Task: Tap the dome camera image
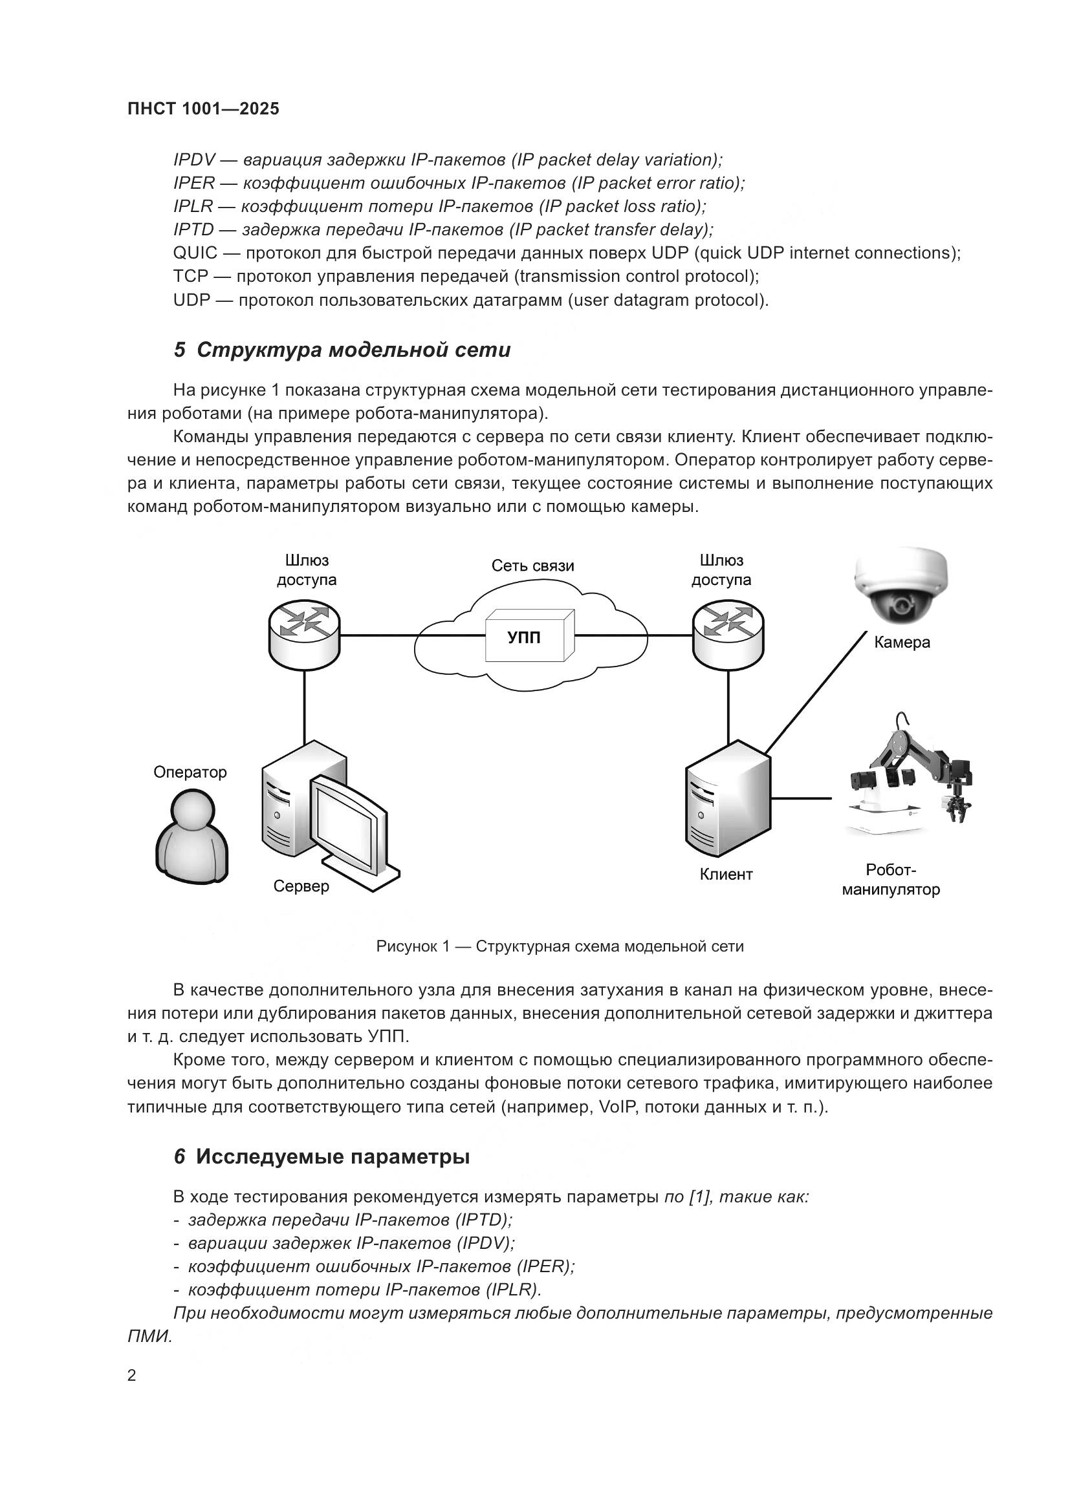click(x=901, y=586)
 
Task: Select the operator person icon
click(x=191, y=835)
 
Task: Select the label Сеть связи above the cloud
click(x=532, y=566)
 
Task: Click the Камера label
click(x=901, y=642)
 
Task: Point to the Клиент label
click(x=725, y=875)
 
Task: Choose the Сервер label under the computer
click(x=301, y=886)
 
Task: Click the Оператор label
click(x=190, y=772)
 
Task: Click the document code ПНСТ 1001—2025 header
click(x=203, y=109)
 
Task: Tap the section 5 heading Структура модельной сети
click(x=342, y=350)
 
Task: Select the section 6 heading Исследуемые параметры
click(x=322, y=1156)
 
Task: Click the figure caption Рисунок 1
click(x=560, y=946)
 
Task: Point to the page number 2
click(x=132, y=1376)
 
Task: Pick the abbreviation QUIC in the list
click(x=194, y=253)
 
